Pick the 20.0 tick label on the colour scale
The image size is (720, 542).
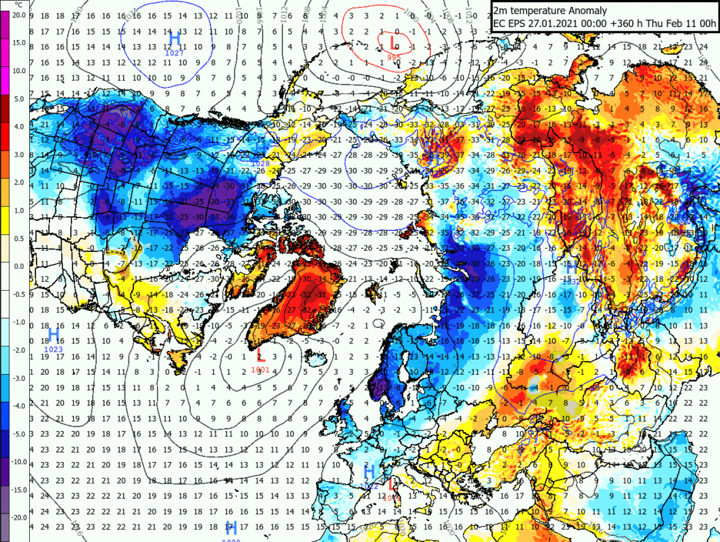[18, 14]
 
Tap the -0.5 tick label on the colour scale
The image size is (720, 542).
[19, 293]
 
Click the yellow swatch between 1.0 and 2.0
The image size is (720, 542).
[5, 196]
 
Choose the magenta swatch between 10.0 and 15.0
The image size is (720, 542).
[5, 56]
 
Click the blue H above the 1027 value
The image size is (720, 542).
[175, 37]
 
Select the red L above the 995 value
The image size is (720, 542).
[393, 43]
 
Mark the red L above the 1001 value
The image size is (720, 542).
[261, 356]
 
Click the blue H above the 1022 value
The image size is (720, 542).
[369, 472]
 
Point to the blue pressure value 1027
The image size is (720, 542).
[175, 52]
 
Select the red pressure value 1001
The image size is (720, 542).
[261, 369]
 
